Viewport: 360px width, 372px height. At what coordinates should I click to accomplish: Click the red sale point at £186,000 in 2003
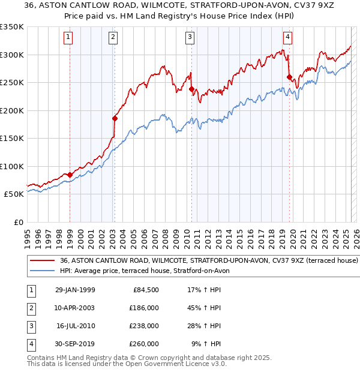(x=114, y=118)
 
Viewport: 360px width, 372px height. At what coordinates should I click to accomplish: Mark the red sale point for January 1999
(x=70, y=175)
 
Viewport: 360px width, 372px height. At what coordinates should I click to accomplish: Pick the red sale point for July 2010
(x=191, y=89)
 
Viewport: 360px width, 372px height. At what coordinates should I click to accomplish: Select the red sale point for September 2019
(x=289, y=77)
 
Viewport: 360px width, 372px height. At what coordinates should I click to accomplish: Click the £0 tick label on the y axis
(x=18, y=222)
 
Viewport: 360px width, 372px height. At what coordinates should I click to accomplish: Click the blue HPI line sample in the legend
(x=43, y=271)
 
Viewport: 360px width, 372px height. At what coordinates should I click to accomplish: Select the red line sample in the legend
(x=43, y=261)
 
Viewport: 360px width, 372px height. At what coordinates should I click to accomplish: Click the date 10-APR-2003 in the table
(x=74, y=307)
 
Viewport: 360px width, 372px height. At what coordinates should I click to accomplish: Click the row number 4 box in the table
(x=30, y=344)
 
